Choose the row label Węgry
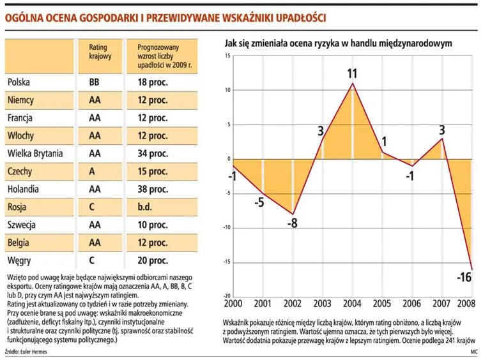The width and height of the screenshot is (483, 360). pos(19,260)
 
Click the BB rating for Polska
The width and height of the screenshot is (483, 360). pos(95,82)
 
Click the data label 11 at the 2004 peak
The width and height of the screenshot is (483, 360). pos(352,73)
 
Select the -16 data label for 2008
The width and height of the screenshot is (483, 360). pos(464,278)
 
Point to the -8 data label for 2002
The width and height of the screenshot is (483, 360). pos(291,223)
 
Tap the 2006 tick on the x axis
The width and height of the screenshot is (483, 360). pos(410,303)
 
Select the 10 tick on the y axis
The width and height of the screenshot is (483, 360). pos(227,90)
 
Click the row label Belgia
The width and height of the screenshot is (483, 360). pos(19,243)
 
